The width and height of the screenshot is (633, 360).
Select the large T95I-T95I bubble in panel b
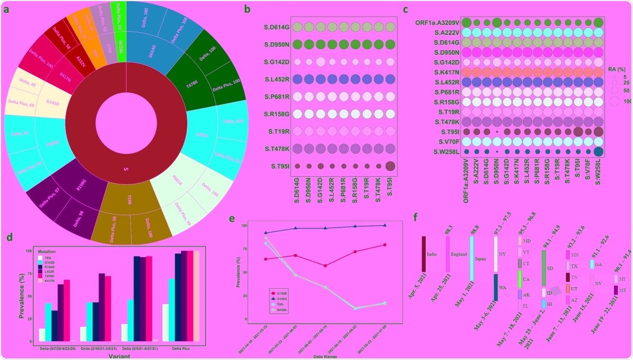[390, 166]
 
